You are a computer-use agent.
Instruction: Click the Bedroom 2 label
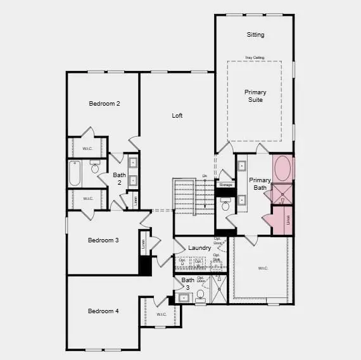point(104,103)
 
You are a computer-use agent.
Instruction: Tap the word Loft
point(177,116)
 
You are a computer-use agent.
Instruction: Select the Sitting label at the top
point(255,35)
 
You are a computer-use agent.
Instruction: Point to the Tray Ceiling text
point(255,58)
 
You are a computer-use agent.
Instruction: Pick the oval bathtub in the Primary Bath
point(283,170)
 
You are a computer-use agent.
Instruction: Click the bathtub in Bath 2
point(75,173)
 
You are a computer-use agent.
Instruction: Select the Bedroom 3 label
point(103,240)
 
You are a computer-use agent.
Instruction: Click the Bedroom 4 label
point(103,311)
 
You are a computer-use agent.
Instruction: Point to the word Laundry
point(199,248)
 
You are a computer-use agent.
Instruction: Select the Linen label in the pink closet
point(288,220)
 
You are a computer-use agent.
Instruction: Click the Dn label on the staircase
point(205,176)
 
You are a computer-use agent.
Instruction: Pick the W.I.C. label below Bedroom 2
point(88,150)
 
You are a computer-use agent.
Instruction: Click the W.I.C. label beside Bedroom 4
point(161,314)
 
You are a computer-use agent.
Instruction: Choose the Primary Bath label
point(260,184)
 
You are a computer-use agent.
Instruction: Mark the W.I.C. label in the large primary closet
point(263,268)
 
